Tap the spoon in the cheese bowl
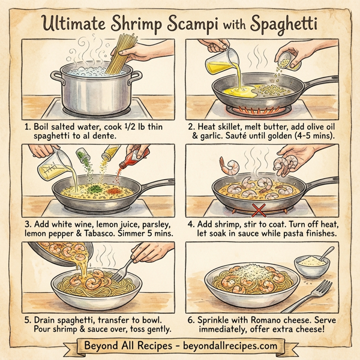tap(324, 251)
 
